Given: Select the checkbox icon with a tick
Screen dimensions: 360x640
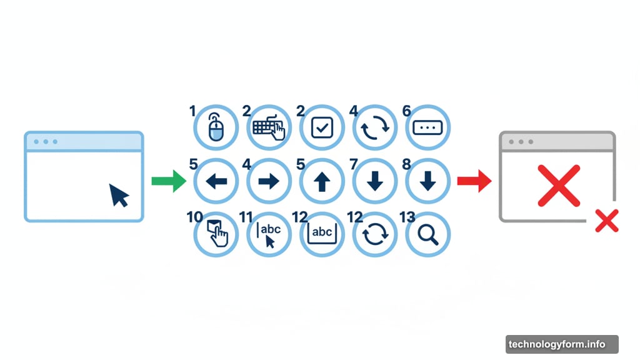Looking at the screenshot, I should (x=322, y=128).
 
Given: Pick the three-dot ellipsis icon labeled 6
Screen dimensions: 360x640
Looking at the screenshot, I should (x=428, y=127).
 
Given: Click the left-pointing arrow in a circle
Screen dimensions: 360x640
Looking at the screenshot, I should (x=216, y=181).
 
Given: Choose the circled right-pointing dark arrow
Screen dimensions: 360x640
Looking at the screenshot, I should (x=269, y=181).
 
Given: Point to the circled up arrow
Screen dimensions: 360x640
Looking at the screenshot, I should (x=322, y=181).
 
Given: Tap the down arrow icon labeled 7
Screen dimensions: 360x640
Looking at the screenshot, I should (x=375, y=181).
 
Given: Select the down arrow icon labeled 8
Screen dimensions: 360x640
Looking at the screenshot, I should (x=428, y=181).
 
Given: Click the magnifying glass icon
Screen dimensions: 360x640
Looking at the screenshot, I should (x=428, y=234).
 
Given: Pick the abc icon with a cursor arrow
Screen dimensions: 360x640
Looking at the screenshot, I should (x=269, y=234).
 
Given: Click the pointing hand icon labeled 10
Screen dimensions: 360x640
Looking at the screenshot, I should (x=216, y=234).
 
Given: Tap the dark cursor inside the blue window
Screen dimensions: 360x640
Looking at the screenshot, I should (x=119, y=195).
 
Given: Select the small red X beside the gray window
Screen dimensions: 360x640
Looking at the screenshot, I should (x=606, y=221).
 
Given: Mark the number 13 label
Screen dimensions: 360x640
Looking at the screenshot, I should (x=407, y=217).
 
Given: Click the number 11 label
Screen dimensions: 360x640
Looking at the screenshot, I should (x=246, y=217).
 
